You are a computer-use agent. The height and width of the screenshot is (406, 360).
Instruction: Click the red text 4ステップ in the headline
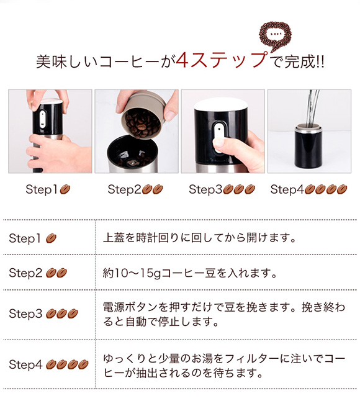pyautogui.click(x=222, y=61)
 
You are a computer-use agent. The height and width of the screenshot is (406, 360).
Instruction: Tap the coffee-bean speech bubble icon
pyautogui.click(x=275, y=36)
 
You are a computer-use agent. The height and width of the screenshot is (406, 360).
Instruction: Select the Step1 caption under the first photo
pyautogui.click(x=48, y=189)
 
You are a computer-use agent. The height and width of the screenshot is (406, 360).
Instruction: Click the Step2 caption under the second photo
pyautogui.click(x=135, y=189)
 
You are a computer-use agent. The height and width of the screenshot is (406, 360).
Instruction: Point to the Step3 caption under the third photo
pyautogui.click(x=222, y=189)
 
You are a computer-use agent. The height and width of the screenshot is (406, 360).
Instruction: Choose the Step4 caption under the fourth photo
pyautogui.click(x=308, y=189)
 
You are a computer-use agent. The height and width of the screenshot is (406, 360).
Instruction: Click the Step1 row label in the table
pyautogui.click(x=33, y=238)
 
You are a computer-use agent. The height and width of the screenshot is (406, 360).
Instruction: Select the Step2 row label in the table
pyautogui.click(x=38, y=273)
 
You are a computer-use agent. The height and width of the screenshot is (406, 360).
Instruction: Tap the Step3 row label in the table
pyautogui.click(x=43, y=314)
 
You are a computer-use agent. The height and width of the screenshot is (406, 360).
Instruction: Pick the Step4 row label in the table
pyautogui.click(x=48, y=364)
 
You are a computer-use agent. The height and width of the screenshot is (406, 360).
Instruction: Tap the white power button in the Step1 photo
pyautogui.click(x=42, y=119)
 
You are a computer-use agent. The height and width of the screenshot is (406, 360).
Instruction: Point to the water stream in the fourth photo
pyautogui.click(x=312, y=107)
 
